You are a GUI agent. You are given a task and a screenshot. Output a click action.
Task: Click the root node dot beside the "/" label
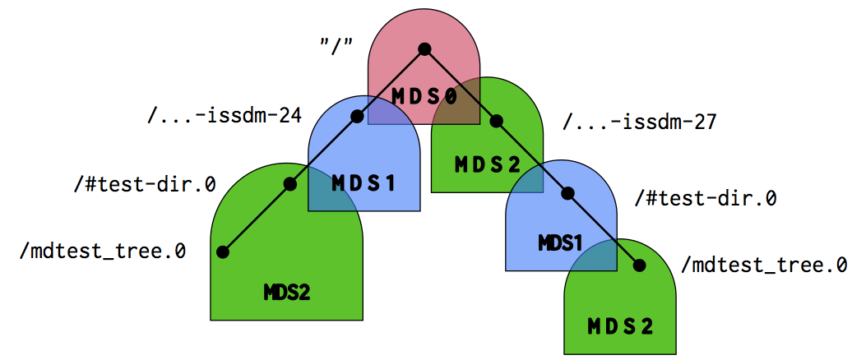(424, 49)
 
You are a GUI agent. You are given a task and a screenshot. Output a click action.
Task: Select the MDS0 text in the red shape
(424, 97)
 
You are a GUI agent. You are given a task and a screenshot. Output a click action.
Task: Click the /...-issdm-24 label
(224, 115)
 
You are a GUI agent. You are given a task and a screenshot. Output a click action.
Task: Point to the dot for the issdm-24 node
(357, 117)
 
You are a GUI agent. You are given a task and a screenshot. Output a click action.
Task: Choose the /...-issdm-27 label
(640, 122)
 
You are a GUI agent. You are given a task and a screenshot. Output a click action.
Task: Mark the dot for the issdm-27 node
(496, 121)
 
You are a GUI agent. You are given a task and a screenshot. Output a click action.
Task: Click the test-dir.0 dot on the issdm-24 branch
(289, 184)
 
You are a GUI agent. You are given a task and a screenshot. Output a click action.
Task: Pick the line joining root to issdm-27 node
(461, 85)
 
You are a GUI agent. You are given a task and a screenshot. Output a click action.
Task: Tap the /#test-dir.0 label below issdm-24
(144, 183)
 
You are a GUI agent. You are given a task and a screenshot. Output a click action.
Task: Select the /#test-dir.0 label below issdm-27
(706, 198)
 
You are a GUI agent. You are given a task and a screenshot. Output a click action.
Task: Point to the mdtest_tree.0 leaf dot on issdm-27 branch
(639, 265)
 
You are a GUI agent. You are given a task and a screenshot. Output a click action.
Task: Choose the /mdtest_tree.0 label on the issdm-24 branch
(103, 250)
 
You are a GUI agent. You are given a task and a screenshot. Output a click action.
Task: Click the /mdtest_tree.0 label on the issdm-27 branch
(764, 265)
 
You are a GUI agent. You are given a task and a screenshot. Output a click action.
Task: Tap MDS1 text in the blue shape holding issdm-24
(363, 182)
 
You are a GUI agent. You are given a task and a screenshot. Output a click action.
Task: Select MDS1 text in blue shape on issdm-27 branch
(561, 244)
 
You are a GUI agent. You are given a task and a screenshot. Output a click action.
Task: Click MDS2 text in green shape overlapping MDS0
(488, 164)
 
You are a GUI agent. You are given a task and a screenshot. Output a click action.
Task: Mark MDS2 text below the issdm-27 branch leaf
(620, 326)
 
